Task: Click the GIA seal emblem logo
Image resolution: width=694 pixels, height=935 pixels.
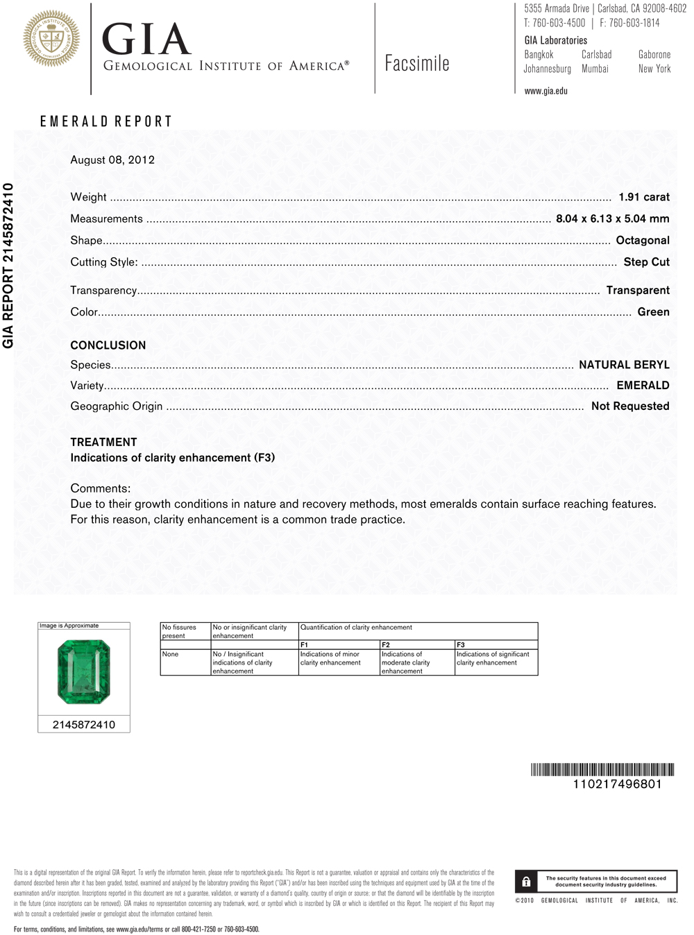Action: pos(51,39)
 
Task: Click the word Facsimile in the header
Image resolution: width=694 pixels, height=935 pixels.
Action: pos(417,64)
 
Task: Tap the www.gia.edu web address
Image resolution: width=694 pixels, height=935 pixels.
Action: pos(545,91)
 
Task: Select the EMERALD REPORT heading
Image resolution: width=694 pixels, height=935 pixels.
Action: pos(105,121)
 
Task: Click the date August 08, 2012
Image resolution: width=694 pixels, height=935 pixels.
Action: pos(112,160)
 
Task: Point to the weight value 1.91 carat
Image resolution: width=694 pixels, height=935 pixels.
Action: pos(643,197)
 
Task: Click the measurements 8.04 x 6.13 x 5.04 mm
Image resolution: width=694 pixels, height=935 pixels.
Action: pos(612,218)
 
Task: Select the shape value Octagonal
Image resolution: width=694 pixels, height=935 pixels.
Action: pos(643,240)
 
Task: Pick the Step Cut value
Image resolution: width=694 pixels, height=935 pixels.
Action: pos(646,261)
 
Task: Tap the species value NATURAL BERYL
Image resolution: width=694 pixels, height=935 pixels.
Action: pos(624,365)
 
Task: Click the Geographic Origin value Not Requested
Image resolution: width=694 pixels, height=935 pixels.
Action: pos(629,406)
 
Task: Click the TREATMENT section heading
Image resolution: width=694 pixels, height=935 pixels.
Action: pos(103,442)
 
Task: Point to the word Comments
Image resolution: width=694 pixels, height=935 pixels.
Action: pos(100,488)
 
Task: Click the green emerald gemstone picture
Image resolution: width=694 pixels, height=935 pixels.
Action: pos(84,672)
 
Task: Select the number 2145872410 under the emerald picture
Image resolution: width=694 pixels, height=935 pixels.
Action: pos(84,725)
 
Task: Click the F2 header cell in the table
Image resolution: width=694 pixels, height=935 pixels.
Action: pos(386,645)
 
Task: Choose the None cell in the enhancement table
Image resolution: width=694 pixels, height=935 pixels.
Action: pos(171,654)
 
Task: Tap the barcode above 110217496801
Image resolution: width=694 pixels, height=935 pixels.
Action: pos(602,769)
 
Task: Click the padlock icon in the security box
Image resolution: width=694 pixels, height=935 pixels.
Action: pos(526,882)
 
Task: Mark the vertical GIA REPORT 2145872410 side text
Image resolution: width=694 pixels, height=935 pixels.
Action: pos(8,265)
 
